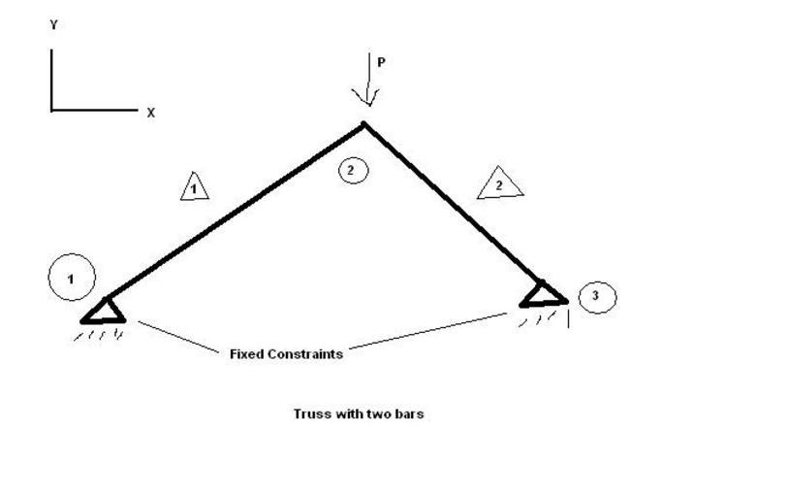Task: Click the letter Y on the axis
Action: (x=54, y=26)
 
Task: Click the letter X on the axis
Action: (x=151, y=113)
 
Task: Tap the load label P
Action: (x=381, y=62)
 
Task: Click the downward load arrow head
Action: (x=365, y=97)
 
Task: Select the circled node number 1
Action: (x=71, y=279)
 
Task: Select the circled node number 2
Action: (x=353, y=171)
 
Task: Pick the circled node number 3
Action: (x=596, y=296)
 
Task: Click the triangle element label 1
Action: (x=195, y=186)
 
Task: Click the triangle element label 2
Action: (x=500, y=183)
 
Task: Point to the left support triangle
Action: (x=104, y=310)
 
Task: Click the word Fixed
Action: (x=246, y=354)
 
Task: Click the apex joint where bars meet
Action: (x=364, y=124)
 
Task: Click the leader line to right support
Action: (x=426, y=331)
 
